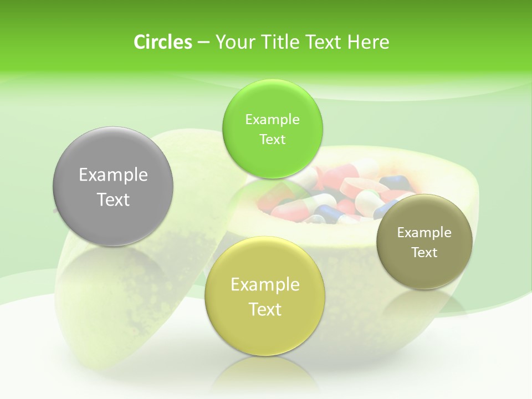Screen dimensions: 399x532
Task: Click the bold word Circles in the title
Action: [x=162, y=42]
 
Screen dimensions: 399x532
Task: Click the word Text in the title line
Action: [x=325, y=42]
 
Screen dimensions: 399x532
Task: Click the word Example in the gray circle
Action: [x=113, y=175]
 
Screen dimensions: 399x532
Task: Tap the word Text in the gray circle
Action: [x=113, y=199]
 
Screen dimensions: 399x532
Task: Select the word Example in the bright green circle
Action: [x=272, y=120]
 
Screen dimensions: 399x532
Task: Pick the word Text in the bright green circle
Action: [x=272, y=140]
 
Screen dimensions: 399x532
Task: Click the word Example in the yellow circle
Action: [x=265, y=285]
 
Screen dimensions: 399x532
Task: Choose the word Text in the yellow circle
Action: [x=265, y=309]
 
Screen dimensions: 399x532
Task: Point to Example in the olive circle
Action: [x=424, y=233]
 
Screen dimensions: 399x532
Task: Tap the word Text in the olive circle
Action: [x=424, y=253]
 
